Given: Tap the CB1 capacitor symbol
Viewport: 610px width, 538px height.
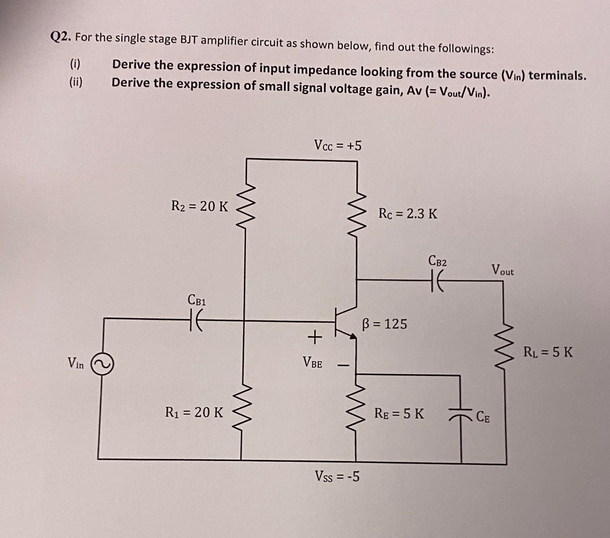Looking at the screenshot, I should click(x=195, y=319).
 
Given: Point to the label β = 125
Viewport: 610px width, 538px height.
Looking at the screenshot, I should click(x=385, y=324).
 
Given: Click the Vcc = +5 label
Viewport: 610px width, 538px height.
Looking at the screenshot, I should click(x=337, y=145).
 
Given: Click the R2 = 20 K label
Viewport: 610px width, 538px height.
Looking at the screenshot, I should click(x=200, y=206).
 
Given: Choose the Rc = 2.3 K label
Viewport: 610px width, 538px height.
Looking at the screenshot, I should click(x=408, y=214).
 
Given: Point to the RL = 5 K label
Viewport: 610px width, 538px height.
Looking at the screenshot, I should click(x=548, y=352).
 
